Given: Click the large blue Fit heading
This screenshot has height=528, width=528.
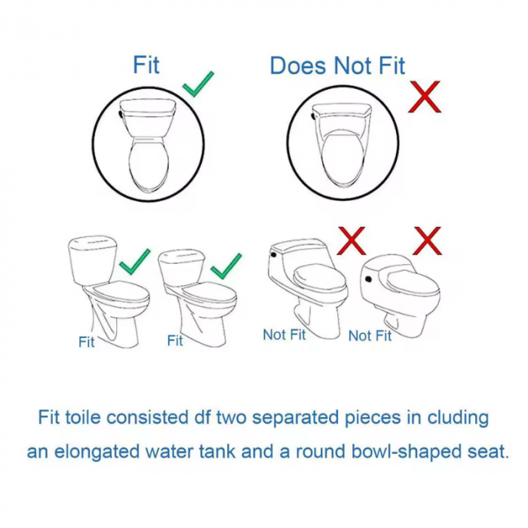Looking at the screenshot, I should (146, 65).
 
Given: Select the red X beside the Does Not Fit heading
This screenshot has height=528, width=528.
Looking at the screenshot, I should (424, 97).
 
